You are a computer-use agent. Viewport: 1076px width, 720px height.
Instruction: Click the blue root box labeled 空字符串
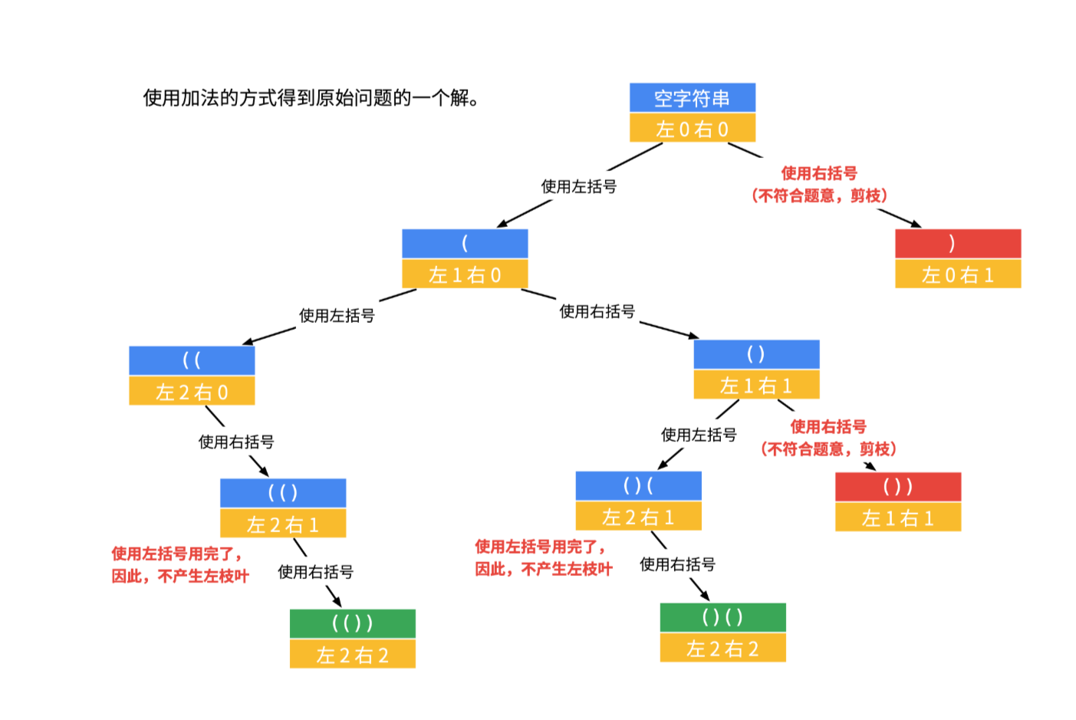(x=692, y=98)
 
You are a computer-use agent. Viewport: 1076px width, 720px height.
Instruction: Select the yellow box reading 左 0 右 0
(x=692, y=129)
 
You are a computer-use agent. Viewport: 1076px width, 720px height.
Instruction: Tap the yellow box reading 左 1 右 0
(x=465, y=275)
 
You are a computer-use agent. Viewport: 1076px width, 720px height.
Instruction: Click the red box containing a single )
(x=957, y=244)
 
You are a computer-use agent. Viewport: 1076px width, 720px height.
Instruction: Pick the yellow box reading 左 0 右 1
(x=957, y=275)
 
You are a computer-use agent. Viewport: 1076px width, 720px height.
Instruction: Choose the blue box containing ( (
(x=192, y=360)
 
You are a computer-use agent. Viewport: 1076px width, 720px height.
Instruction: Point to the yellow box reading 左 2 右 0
(x=192, y=392)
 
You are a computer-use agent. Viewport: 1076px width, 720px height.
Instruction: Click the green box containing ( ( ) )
(x=352, y=623)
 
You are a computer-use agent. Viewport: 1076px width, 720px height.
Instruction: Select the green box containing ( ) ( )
(x=722, y=617)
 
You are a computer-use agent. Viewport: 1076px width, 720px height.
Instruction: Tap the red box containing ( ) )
(x=897, y=487)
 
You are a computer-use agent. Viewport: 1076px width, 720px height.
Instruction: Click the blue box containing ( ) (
(x=638, y=486)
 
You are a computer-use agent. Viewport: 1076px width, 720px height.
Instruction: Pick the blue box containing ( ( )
(x=282, y=493)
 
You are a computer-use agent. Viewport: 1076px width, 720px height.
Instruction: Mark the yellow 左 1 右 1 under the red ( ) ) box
(x=897, y=518)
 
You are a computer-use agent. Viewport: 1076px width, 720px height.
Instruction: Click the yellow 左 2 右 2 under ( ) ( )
(x=722, y=649)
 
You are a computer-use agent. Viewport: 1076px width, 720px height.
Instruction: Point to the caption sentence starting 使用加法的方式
(x=311, y=98)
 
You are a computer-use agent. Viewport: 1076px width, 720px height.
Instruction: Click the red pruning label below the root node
(x=819, y=185)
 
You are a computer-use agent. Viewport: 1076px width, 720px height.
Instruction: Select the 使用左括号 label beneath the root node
(x=578, y=186)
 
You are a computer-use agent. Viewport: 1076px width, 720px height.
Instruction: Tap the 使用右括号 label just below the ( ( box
(x=236, y=442)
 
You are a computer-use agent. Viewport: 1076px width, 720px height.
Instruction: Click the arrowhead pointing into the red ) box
(x=916, y=224)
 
